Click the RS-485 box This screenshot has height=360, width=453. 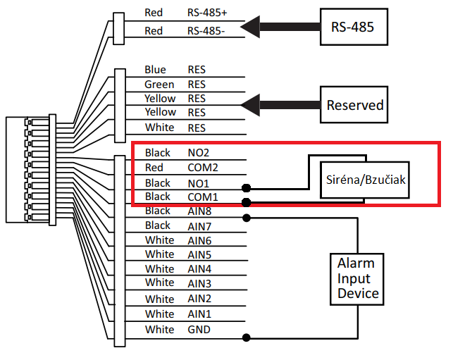tap(352, 27)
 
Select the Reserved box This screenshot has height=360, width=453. tap(355, 105)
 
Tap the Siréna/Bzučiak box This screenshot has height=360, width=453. tap(365, 180)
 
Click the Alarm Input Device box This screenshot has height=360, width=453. tap(359, 279)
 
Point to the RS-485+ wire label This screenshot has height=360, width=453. tap(207, 12)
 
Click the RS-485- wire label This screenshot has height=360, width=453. tap(206, 30)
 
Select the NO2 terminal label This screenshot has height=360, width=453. tap(199, 152)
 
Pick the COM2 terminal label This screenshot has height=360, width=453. tap(202, 167)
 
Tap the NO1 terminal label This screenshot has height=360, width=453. tap(199, 182)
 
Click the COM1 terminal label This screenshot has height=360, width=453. tap(202, 197)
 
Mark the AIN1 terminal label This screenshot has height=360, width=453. tap(199, 314)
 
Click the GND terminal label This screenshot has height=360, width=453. tap(199, 329)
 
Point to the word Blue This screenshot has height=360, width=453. tap(155, 69)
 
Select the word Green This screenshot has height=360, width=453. tap(159, 85)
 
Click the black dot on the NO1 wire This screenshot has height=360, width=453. tap(247, 188)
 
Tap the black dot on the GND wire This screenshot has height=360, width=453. tap(246, 337)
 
